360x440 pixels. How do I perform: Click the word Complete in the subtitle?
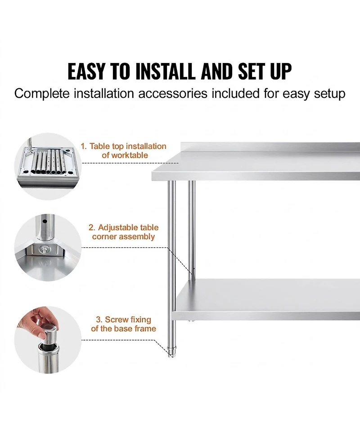[42, 94]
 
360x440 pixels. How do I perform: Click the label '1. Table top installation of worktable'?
[123, 151]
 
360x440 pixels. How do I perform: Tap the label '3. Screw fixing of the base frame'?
[123, 324]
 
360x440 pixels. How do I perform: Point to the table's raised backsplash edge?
[270, 147]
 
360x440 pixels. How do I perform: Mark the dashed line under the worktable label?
[130, 163]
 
